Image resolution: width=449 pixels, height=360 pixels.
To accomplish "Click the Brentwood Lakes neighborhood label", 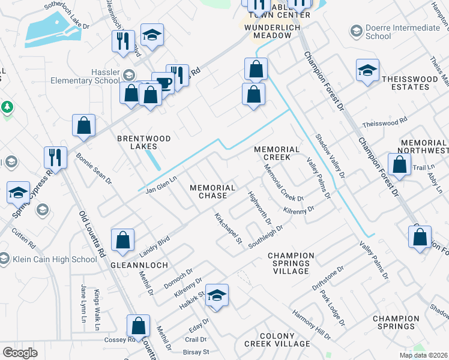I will pyautogui.click(x=143, y=143).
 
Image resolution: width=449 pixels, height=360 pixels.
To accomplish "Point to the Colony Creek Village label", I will pyautogui.click(x=277, y=340).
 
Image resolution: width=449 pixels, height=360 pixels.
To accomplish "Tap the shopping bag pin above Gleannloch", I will pyautogui.click(x=122, y=240).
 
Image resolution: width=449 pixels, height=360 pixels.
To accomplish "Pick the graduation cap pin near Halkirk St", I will pyautogui.click(x=217, y=295).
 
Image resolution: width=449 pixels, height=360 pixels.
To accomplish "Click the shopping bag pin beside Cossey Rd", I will pyautogui.click(x=138, y=327).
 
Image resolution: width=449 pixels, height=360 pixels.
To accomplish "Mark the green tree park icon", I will pyautogui.click(x=7, y=107).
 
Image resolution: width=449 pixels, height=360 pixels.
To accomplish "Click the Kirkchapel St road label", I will pyautogui.click(x=228, y=229).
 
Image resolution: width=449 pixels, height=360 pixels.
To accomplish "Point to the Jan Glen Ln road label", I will pyautogui.click(x=161, y=184).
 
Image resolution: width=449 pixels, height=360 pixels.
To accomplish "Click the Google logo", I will pyautogui.click(x=20, y=352).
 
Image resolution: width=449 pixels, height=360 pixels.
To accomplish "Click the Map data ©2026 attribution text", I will pyautogui.click(x=423, y=355).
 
